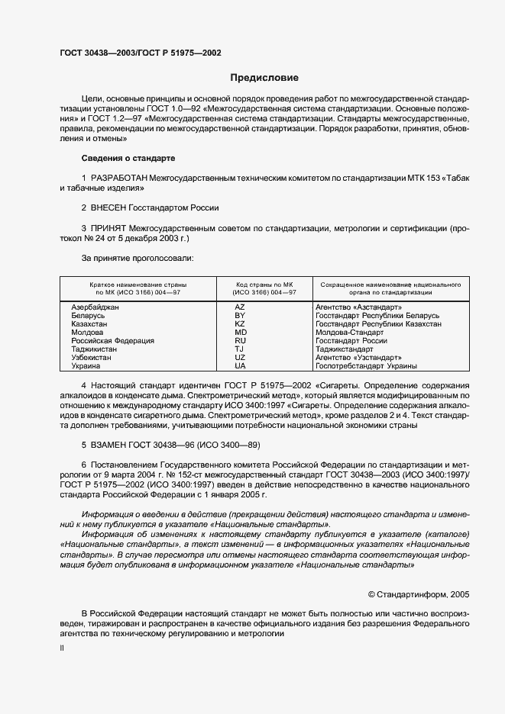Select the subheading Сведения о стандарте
pos(128,158)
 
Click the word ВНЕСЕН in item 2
pos(112,207)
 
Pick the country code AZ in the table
pos(240,307)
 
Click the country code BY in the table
pos(240,315)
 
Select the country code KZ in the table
pos(240,323)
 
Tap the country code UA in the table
pos(240,365)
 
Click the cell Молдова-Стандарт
pos(349,332)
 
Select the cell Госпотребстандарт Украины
pos(366,365)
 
